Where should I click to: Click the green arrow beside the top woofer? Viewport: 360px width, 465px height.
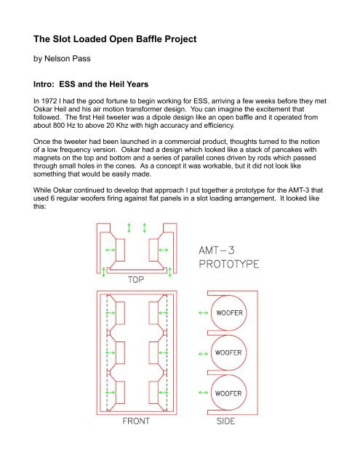pos(201,315)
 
